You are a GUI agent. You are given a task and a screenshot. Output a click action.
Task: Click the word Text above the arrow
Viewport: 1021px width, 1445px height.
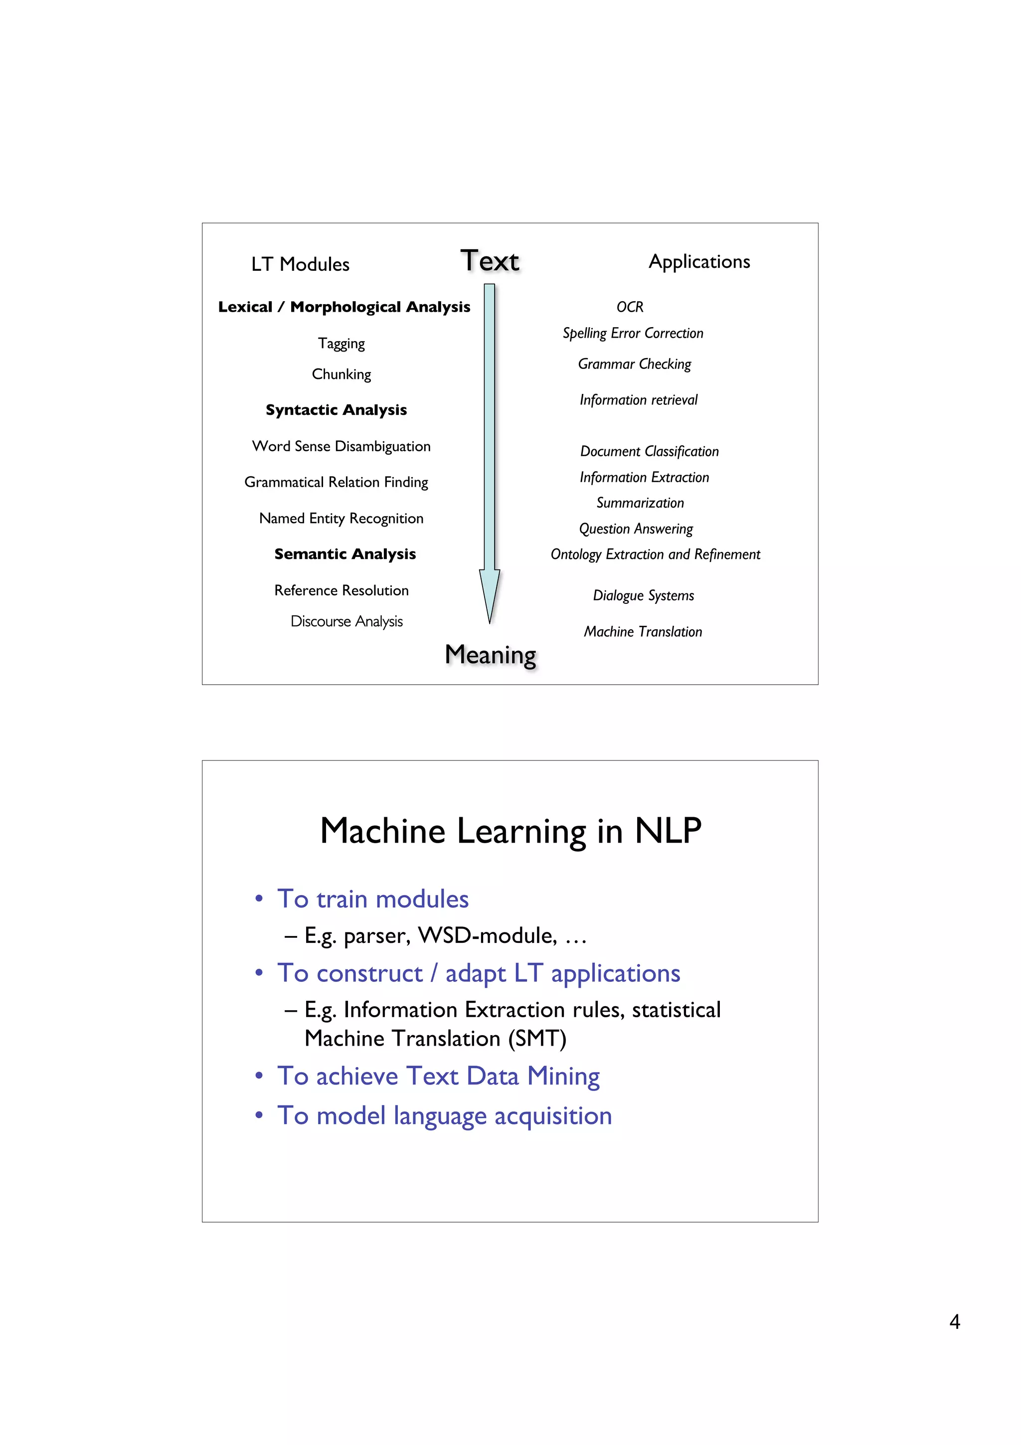pos(490,261)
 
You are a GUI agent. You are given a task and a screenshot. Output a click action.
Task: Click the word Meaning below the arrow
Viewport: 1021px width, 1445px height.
pos(490,655)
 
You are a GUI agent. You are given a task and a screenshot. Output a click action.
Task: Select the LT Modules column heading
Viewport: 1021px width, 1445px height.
pos(300,264)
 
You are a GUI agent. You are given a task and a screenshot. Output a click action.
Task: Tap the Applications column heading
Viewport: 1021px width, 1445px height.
pos(699,262)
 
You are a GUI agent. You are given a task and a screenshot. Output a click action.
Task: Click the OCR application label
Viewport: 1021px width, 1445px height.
pos(630,307)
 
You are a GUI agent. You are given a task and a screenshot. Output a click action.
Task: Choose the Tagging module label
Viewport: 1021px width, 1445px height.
pos(341,344)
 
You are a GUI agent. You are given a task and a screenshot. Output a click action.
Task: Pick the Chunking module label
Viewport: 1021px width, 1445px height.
pos(341,374)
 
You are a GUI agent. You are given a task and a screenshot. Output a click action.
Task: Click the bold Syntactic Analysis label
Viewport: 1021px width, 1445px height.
pos(336,410)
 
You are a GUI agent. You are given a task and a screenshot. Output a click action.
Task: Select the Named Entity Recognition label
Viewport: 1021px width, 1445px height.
pos(341,519)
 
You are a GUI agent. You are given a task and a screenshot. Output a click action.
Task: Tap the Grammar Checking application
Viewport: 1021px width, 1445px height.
pos(634,364)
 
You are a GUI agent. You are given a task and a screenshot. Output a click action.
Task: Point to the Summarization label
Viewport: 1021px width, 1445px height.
pos(640,503)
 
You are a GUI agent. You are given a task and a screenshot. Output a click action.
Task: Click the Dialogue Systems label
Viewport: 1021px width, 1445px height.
pos(643,595)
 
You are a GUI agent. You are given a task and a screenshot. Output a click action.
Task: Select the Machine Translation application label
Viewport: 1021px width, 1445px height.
pos(642,632)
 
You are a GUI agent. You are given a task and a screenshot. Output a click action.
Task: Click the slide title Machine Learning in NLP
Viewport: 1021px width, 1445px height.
pos(510,831)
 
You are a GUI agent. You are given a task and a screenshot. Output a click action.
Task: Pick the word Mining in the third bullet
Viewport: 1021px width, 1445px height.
pos(563,1077)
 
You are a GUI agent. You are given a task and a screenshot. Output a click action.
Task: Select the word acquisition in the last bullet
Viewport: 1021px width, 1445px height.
pos(553,1116)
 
